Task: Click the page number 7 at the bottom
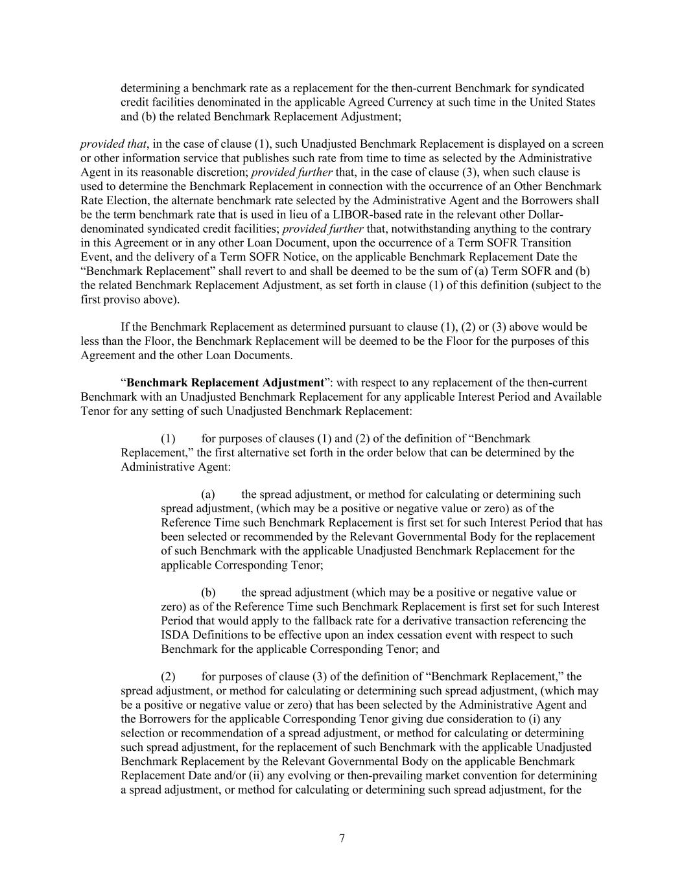(x=342, y=838)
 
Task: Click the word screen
(x=587, y=144)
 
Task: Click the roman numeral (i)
(x=551, y=719)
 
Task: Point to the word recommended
(x=309, y=537)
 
